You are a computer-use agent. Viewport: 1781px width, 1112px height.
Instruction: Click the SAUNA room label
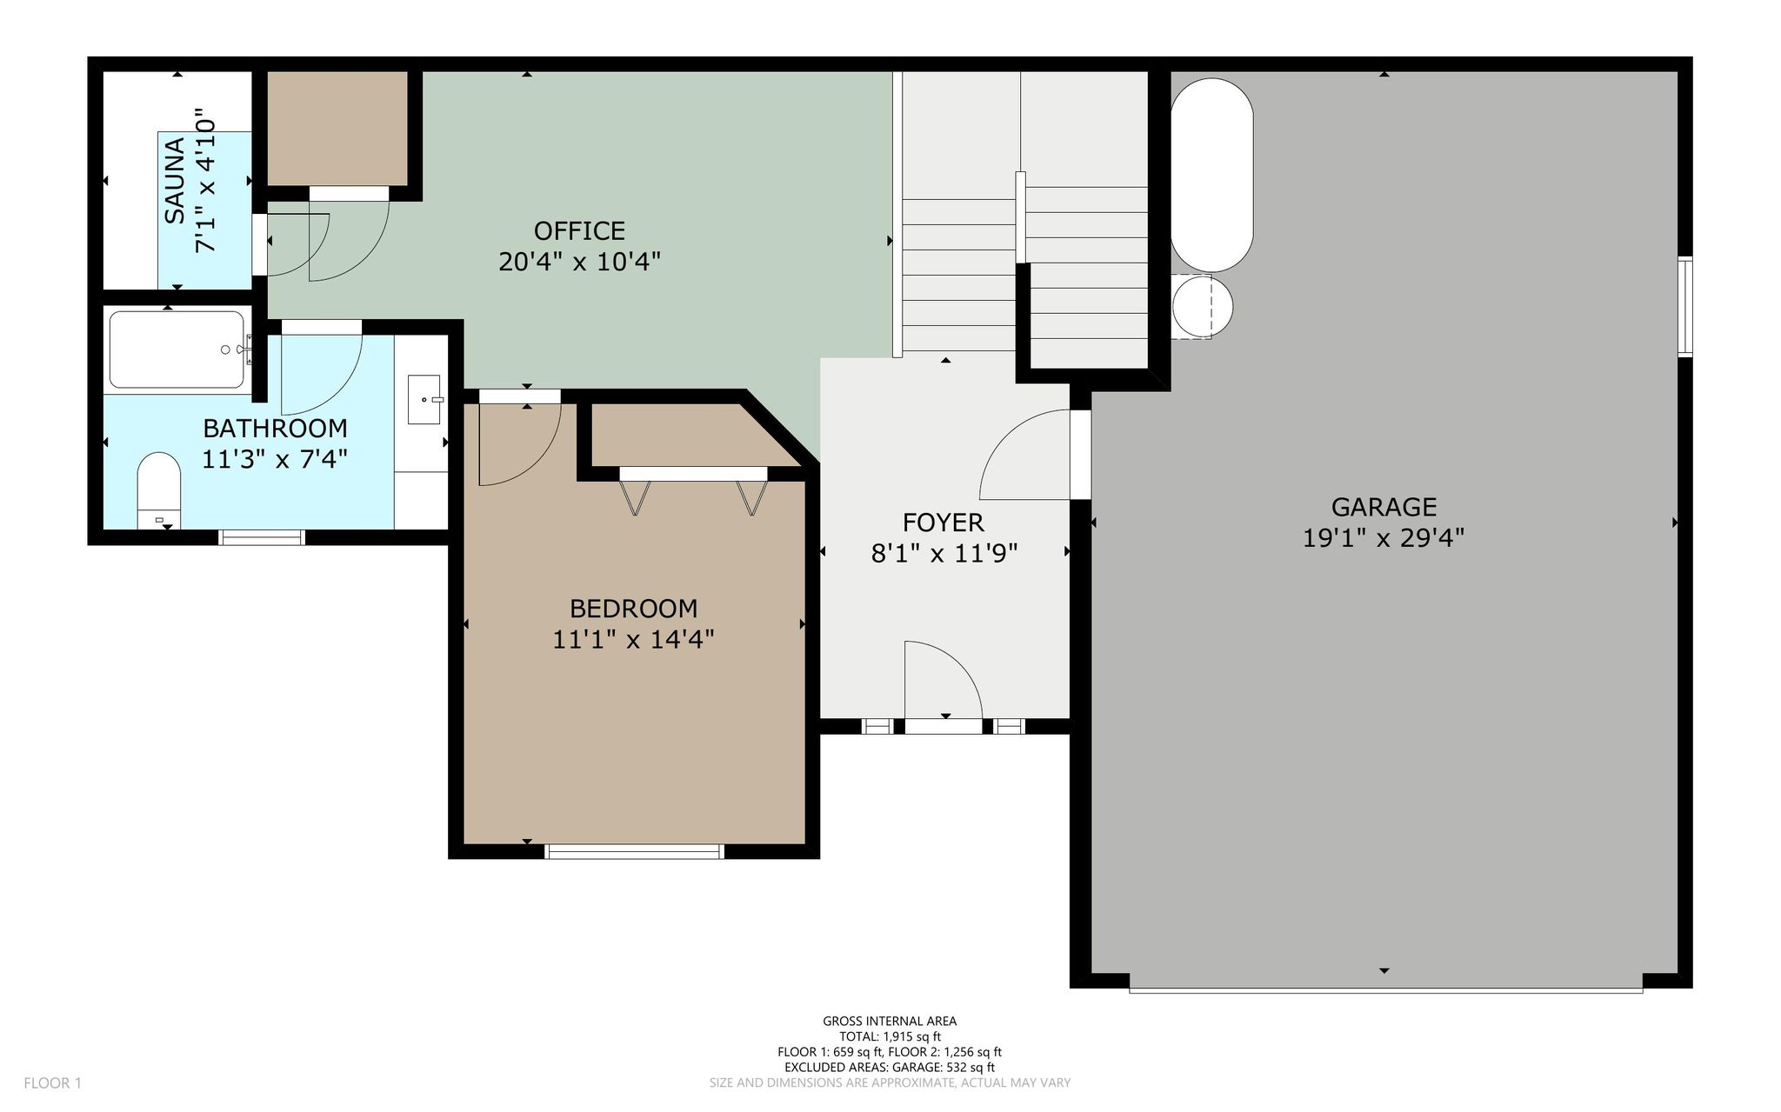pyautogui.click(x=175, y=180)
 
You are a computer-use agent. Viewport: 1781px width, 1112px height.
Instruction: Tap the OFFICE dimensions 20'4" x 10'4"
pyautogui.click(x=579, y=262)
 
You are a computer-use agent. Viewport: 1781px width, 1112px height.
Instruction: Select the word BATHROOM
pyautogui.click(x=275, y=429)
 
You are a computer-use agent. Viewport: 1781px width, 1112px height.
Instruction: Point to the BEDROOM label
pyautogui.click(x=633, y=609)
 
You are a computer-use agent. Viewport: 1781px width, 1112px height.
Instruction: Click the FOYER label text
pyautogui.click(x=944, y=523)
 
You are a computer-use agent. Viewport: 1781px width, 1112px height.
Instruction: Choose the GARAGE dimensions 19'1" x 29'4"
pyautogui.click(x=1384, y=538)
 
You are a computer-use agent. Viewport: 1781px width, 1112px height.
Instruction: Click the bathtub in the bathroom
pyautogui.click(x=177, y=350)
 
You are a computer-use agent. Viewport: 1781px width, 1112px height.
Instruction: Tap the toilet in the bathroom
pyautogui.click(x=158, y=490)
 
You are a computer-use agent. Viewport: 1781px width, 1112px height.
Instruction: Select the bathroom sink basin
pyautogui.click(x=424, y=400)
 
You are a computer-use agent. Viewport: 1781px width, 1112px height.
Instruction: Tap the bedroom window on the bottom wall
pyautogui.click(x=634, y=851)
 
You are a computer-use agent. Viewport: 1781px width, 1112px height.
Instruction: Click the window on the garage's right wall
pyautogui.click(x=1685, y=307)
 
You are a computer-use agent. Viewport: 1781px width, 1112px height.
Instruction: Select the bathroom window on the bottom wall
pyautogui.click(x=262, y=536)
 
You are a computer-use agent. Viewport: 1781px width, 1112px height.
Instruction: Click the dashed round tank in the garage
pyautogui.click(x=1202, y=307)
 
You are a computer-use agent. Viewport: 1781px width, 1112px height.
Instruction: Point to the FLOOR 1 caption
pyautogui.click(x=52, y=1083)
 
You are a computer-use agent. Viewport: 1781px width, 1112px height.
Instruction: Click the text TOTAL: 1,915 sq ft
pyautogui.click(x=890, y=1036)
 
